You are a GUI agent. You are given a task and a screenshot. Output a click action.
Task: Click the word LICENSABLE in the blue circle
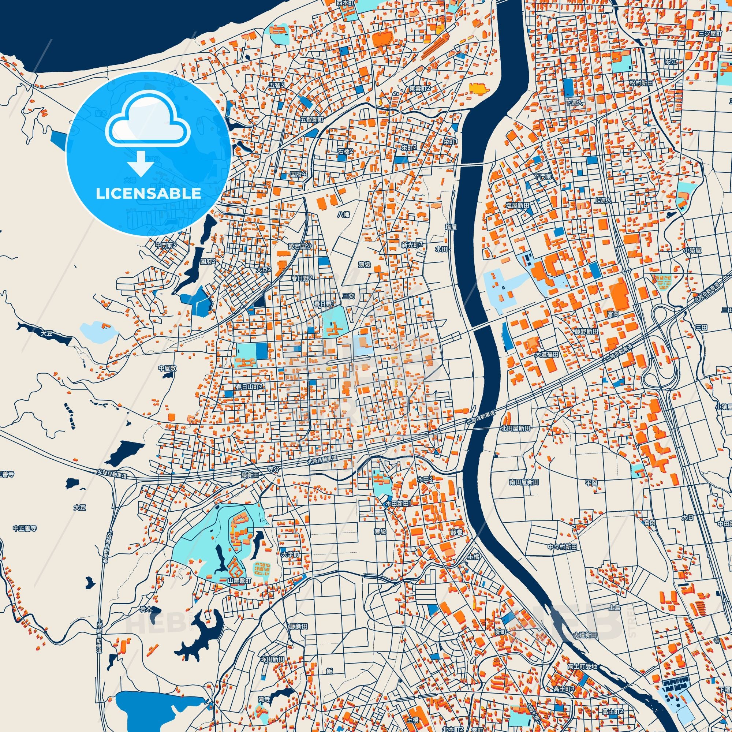[148, 193]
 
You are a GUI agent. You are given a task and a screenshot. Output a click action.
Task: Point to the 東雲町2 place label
[420, 88]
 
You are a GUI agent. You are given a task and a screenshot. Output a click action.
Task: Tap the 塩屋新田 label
[518, 205]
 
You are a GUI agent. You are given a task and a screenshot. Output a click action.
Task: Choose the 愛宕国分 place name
[300, 246]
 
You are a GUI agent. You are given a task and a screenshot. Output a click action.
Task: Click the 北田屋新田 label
[515, 428]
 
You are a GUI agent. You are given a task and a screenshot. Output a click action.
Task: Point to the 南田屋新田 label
[524, 482]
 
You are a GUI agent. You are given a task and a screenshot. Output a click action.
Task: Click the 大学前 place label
[290, 554]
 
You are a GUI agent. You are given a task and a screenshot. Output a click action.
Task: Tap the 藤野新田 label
[586, 331]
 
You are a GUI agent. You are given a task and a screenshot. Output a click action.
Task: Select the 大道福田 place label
[547, 355]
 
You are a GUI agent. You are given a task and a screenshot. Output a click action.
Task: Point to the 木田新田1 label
[398, 504]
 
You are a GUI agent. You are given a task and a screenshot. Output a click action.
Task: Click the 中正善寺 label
[25, 528]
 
